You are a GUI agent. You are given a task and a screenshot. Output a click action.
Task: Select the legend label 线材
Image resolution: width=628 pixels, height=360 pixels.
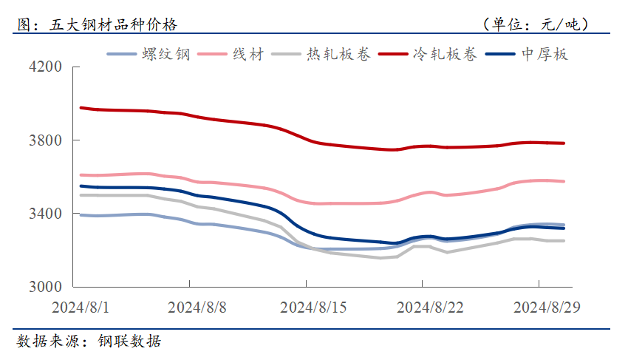point(248,54)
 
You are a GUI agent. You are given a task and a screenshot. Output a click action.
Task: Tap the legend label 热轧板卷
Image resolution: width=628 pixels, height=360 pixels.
point(340,54)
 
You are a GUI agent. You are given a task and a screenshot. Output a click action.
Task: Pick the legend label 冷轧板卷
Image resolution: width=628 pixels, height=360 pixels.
point(445,54)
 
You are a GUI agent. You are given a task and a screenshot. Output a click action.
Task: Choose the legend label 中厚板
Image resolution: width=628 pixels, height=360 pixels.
point(545,54)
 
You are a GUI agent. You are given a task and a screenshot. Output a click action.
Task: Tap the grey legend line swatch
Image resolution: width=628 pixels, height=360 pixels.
point(287,54)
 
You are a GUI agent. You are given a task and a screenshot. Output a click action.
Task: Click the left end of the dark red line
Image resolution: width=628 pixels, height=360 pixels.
point(81,108)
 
